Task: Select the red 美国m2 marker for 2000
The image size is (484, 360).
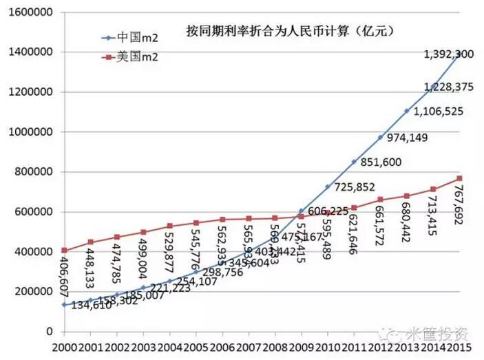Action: point(65,251)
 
